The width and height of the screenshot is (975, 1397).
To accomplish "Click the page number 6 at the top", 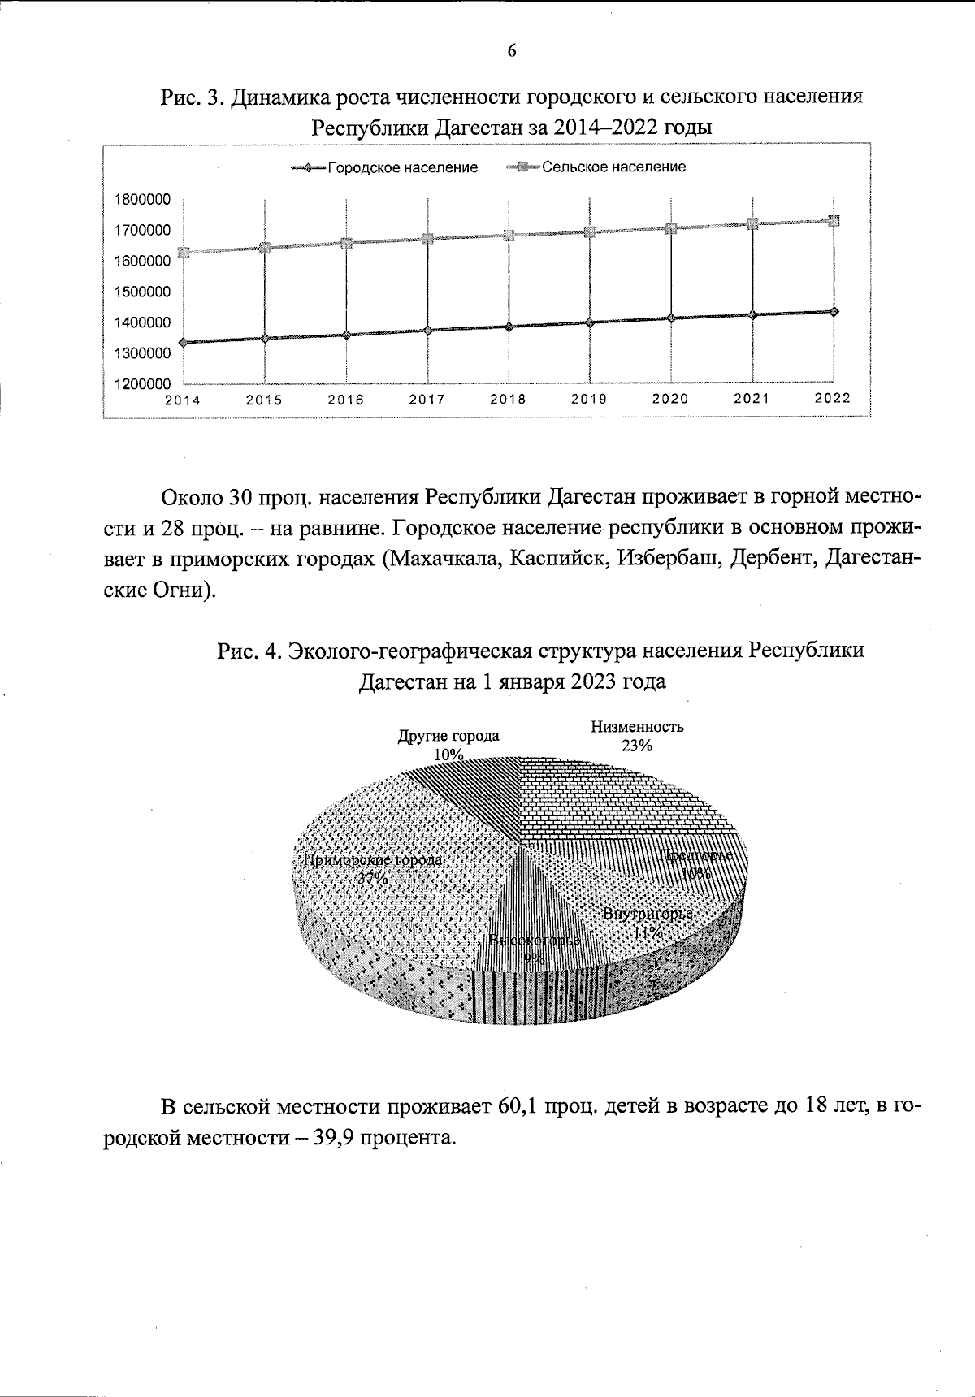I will (511, 51).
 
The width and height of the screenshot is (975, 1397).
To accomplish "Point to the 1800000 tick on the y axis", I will (142, 200).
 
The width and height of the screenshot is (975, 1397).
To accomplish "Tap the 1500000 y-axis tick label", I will (142, 292).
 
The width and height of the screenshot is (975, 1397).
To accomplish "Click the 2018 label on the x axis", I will (508, 400).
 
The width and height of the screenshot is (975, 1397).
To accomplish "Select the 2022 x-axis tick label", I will (833, 398).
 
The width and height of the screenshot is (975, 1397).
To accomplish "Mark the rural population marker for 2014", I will (184, 253).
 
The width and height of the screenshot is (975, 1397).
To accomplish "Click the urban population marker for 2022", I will (834, 311).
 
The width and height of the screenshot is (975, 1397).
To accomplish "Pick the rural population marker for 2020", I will (671, 228).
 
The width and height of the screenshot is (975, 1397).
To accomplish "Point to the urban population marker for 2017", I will (427, 330).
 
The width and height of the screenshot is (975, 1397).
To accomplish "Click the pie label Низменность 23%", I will (637, 736).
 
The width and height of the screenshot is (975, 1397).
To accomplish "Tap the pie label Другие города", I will (448, 737).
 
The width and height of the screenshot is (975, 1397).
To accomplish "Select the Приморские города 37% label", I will (373, 868).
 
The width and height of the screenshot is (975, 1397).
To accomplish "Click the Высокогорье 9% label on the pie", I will (534, 949).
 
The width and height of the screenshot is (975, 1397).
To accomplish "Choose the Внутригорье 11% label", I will (648, 923).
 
